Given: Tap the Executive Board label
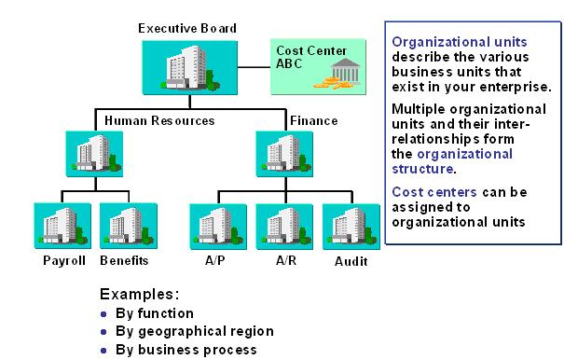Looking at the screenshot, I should click(x=187, y=28).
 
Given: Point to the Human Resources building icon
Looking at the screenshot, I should click(x=94, y=153).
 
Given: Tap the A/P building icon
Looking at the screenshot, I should click(x=217, y=225).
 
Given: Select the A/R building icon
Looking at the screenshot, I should click(x=284, y=225).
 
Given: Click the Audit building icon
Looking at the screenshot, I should click(x=350, y=225).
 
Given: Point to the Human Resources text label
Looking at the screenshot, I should click(x=159, y=120).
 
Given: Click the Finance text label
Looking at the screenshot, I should click(x=313, y=120).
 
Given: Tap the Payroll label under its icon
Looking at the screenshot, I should click(x=64, y=260).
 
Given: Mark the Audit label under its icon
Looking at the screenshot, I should click(x=351, y=261).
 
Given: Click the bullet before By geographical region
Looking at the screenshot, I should click(x=103, y=332).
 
